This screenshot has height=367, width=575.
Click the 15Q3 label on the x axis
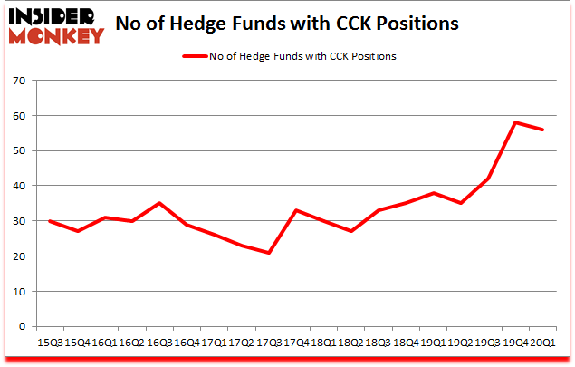[49, 343]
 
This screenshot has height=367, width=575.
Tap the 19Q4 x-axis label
[515, 343]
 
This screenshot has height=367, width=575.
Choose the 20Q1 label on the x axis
[543, 343]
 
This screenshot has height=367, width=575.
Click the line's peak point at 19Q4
[515, 122]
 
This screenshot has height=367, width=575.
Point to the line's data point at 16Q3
[159, 203]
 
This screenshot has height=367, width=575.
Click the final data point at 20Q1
[543, 130]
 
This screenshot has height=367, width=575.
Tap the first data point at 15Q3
[49, 221]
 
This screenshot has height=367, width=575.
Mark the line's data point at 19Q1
[432, 193]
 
